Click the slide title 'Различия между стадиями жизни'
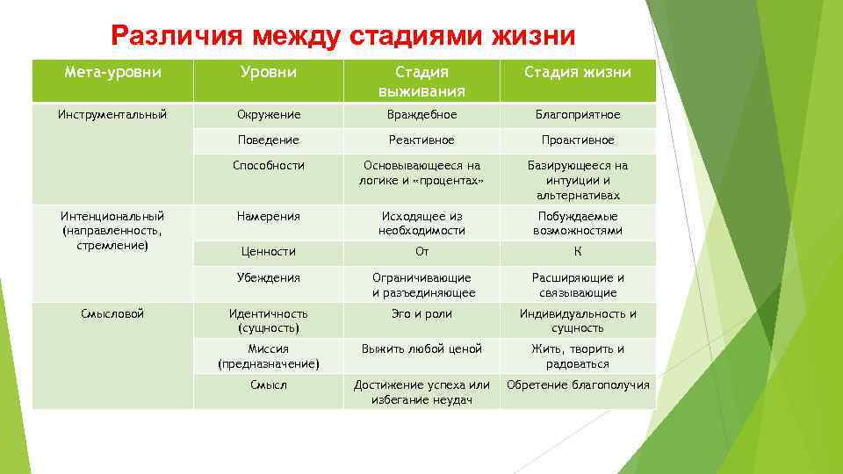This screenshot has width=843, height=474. click(343, 36)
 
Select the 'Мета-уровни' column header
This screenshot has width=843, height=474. click(113, 72)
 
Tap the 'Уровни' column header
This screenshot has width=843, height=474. click(269, 72)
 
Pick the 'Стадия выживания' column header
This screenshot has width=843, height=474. click(421, 81)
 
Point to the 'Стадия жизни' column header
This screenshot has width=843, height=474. click(578, 72)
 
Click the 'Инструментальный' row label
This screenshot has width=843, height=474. click(113, 114)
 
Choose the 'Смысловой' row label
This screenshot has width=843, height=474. click(113, 313)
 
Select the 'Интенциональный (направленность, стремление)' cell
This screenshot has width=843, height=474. click(113, 230)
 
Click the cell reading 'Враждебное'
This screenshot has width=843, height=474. click(421, 114)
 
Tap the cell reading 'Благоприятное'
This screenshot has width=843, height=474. click(578, 114)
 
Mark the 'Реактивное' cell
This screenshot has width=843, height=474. click(421, 140)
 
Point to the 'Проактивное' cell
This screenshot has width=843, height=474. click(578, 140)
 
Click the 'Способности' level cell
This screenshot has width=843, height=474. click(269, 165)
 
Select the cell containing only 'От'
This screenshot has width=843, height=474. click(421, 252)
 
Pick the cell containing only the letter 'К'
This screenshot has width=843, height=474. click(578, 252)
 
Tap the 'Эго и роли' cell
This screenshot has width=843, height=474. click(421, 313)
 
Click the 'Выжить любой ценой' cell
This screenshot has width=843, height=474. click(421, 348)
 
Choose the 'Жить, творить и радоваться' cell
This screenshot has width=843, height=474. click(578, 356)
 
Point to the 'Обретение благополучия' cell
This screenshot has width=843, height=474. click(578, 384)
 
